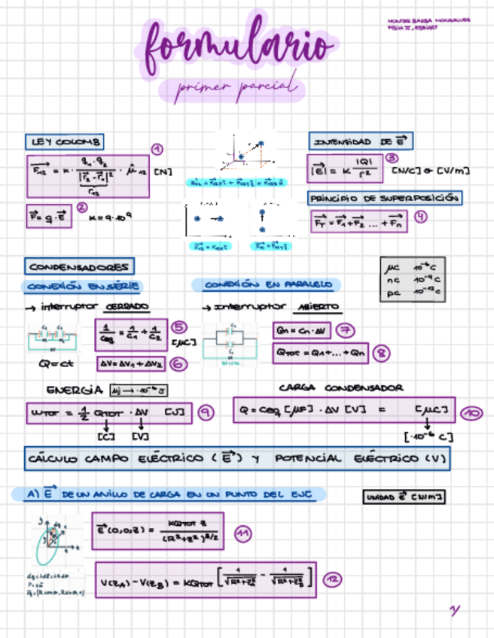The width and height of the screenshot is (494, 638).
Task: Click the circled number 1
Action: [x=157, y=149]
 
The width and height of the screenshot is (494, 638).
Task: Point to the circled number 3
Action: [x=392, y=159]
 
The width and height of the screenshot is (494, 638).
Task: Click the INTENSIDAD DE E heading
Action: [x=360, y=141]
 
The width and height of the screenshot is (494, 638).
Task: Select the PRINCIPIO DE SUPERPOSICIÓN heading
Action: [x=384, y=198]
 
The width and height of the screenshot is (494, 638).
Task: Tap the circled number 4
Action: [x=421, y=216]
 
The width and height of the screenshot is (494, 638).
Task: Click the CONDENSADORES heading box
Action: [x=80, y=266]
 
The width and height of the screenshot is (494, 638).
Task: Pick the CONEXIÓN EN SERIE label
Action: [x=83, y=286]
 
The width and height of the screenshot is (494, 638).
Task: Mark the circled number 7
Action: [x=346, y=330]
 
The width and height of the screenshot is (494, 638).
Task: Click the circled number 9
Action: [x=204, y=412]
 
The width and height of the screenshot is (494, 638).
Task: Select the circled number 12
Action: [x=332, y=579]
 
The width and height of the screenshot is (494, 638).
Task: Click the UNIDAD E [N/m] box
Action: [x=404, y=497]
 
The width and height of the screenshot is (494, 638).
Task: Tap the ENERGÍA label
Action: [x=73, y=390]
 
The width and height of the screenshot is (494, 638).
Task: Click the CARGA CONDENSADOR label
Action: [x=341, y=388]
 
